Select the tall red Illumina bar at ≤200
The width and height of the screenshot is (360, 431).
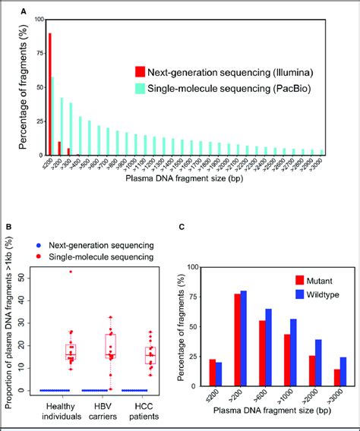tap(50, 91)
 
